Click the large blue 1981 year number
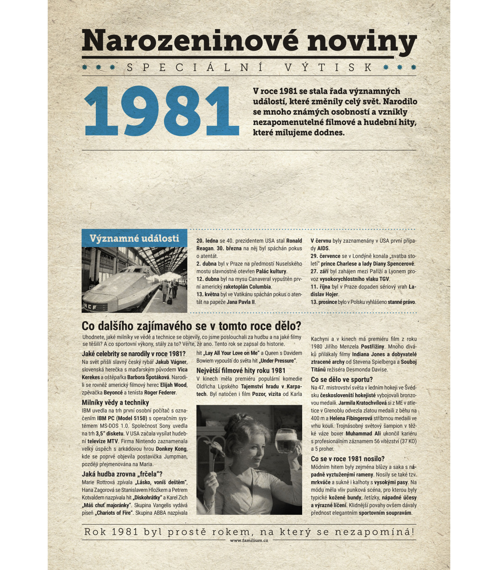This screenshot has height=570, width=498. (x=162, y=111)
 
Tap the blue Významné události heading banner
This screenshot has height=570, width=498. (x=134, y=238)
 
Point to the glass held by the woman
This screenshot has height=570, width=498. (x=286, y=442)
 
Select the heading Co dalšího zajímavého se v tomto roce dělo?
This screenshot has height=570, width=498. (x=191, y=326)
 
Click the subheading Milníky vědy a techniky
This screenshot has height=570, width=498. (x=115, y=403)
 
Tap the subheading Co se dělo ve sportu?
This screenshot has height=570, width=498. (x=342, y=380)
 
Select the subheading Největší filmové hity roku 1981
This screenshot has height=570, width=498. (x=241, y=371)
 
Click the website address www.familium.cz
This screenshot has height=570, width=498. (x=249, y=541)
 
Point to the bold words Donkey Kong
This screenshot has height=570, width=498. (x=171, y=449)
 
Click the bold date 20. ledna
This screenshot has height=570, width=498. (x=207, y=241)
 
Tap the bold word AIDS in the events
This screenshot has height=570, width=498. (x=323, y=248)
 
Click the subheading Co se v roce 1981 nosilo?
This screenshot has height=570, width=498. (x=347, y=459)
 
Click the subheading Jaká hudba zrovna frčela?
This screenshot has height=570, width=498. (x=122, y=474)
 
